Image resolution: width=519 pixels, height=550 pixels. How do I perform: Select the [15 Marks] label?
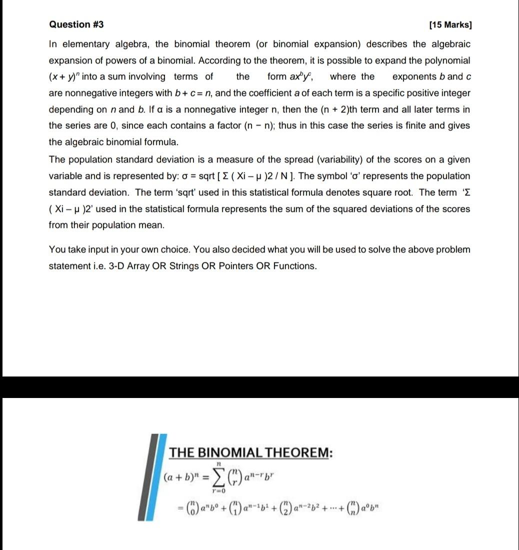[x=450, y=25]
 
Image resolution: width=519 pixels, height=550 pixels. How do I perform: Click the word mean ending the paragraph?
[x=152, y=225]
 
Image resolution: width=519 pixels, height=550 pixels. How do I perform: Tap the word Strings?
[x=170, y=265]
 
